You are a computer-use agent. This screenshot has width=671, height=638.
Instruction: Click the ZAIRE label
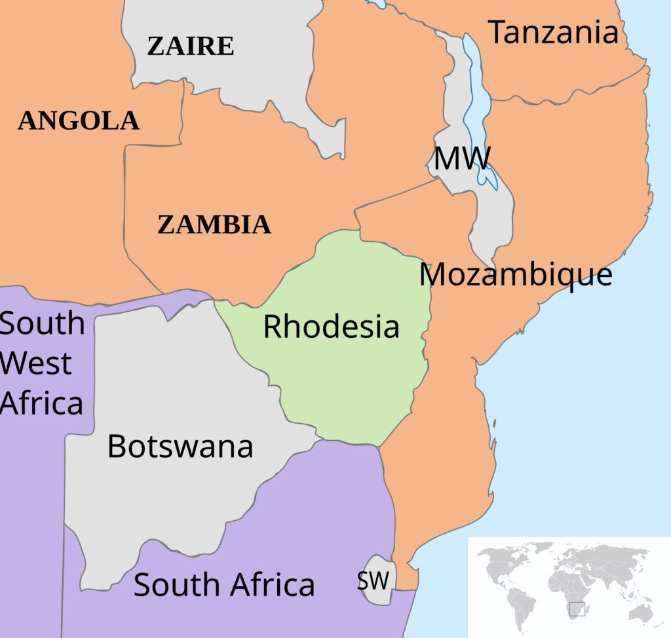click(190, 47)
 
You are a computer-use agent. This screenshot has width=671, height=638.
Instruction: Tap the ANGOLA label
click(79, 121)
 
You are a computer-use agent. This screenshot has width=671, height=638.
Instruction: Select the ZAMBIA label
click(214, 225)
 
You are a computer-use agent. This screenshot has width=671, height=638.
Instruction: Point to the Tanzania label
click(554, 33)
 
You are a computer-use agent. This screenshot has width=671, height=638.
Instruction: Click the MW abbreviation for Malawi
click(462, 159)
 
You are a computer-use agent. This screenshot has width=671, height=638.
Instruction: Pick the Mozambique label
click(516, 274)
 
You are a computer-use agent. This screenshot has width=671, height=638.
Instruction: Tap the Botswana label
click(180, 447)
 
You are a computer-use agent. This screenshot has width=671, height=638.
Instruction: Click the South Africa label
click(224, 584)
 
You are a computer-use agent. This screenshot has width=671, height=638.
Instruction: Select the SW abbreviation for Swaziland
click(373, 580)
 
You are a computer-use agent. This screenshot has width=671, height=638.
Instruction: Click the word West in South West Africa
click(36, 364)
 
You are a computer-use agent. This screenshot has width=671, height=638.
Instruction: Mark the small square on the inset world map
click(577, 609)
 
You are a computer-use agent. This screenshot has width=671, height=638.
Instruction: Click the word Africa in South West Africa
click(42, 403)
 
